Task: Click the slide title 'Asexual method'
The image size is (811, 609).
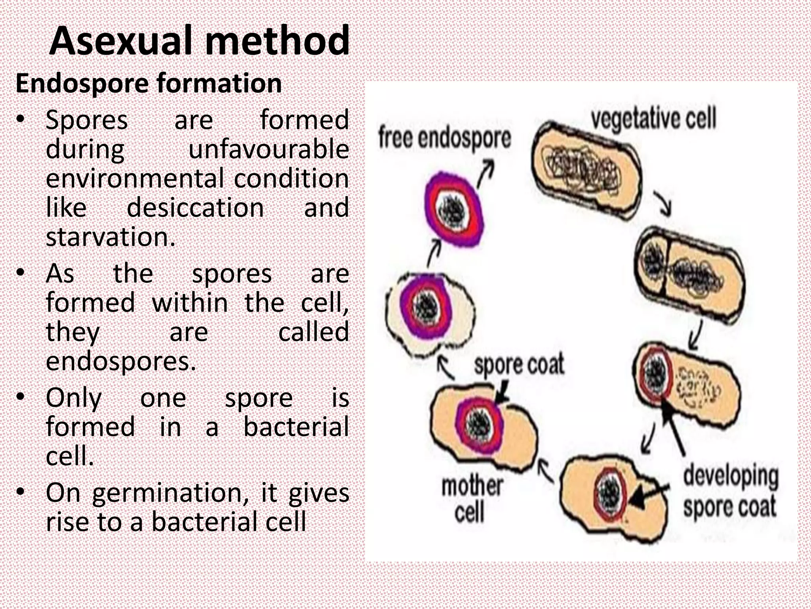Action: (x=199, y=41)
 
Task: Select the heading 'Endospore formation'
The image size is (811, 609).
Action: (x=148, y=84)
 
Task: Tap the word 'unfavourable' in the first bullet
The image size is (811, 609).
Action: (x=268, y=149)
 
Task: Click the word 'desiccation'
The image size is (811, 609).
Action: (x=195, y=208)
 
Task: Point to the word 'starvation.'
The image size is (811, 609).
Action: (x=110, y=237)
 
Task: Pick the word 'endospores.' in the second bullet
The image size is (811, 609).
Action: (x=121, y=361)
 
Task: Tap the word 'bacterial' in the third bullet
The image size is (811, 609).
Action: (x=296, y=427)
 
